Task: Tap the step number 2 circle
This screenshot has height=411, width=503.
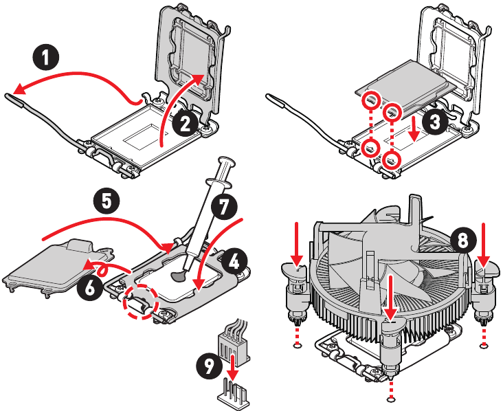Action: click(184, 123)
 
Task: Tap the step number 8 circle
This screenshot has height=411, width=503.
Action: click(464, 240)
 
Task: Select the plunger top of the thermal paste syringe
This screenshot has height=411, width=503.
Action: click(227, 164)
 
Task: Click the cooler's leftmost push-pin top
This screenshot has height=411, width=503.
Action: click(297, 267)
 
